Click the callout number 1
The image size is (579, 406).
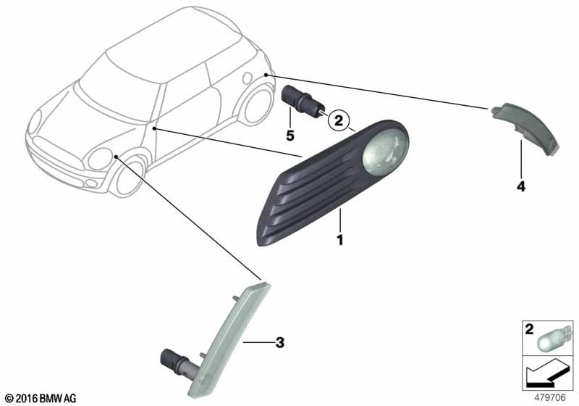click(340, 240)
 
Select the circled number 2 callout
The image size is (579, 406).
click(339, 120)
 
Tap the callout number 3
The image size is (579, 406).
click(280, 342)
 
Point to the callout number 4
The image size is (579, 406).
click(520, 186)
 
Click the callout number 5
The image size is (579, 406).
click(290, 136)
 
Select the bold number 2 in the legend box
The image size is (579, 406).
click(530, 328)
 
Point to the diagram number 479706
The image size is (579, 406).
click(550, 398)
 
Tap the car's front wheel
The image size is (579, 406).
click(130, 177)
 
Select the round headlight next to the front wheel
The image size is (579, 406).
click(100, 159)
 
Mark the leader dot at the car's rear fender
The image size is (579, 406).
click(266, 75)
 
